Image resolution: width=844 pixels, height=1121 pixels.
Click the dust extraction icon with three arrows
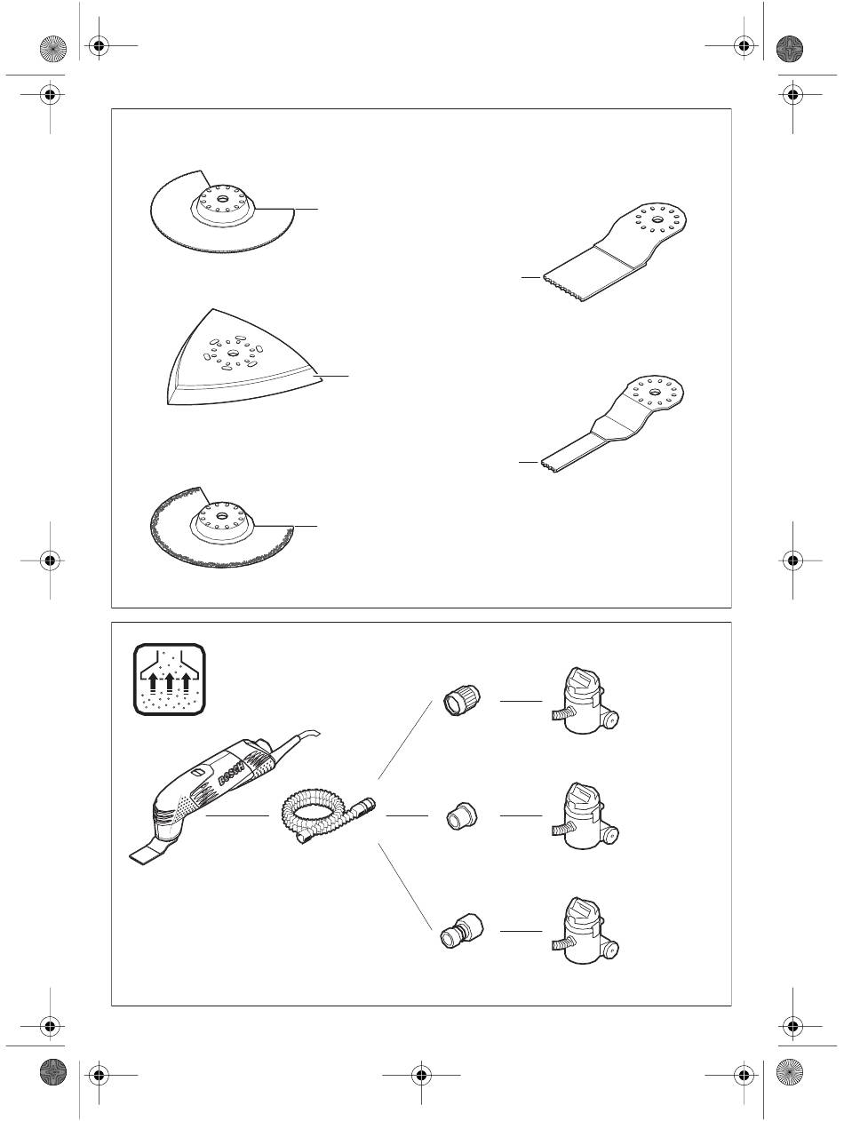170,680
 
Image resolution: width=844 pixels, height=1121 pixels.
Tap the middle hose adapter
461,816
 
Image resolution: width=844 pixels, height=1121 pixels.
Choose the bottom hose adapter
461,931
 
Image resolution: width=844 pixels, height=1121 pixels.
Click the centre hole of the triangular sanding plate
233,353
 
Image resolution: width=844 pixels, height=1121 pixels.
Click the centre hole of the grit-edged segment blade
222,515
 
